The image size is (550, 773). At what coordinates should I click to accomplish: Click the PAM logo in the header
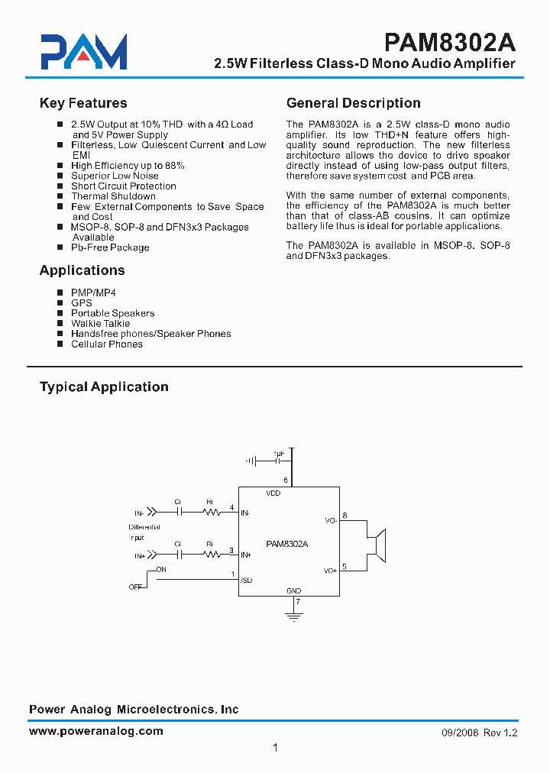[x=83, y=53]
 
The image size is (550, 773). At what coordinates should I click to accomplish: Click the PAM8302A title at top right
[x=451, y=40]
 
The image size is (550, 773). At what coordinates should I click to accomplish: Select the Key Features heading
[x=83, y=103]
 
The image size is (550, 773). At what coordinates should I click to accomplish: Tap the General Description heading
[x=353, y=103]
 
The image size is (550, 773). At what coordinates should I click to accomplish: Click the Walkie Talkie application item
[x=100, y=323]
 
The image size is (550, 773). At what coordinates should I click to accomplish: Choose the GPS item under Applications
[x=81, y=302]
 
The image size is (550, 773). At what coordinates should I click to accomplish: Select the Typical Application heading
[x=104, y=386]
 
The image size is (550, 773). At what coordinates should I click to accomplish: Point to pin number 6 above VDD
[x=286, y=480]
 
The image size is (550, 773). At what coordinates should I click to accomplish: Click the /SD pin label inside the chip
[x=246, y=581]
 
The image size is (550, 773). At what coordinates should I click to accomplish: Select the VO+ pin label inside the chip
[x=330, y=571]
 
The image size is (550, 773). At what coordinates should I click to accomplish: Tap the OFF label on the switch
[x=135, y=587]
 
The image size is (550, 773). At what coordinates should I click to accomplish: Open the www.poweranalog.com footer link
[x=96, y=731]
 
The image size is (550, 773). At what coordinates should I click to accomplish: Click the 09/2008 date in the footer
[x=459, y=733]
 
